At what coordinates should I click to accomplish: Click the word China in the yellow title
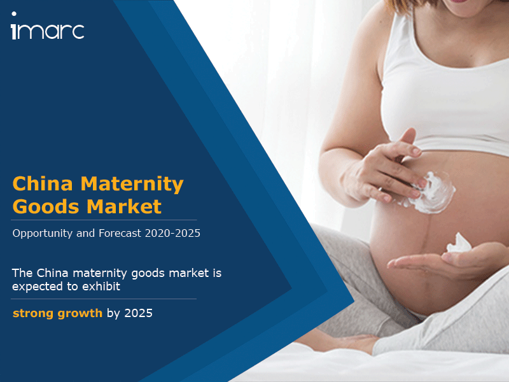(43, 183)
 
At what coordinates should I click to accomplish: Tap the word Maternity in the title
(132, 185)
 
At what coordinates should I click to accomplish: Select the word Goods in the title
(46, 206)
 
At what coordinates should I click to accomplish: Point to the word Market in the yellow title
(124, 206)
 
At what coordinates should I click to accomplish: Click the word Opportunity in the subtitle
(43, 234)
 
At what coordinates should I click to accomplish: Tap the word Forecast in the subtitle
(120, 233)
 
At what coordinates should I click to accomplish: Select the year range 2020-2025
(172, 233)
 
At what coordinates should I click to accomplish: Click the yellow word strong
(33, 313)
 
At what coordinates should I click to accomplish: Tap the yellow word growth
(80, 314)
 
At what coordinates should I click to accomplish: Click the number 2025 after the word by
(138, 313)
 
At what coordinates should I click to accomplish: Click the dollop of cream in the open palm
(459, 244)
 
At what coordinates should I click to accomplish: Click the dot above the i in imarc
(14, 14)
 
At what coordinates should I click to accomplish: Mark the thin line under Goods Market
(104, 220)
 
